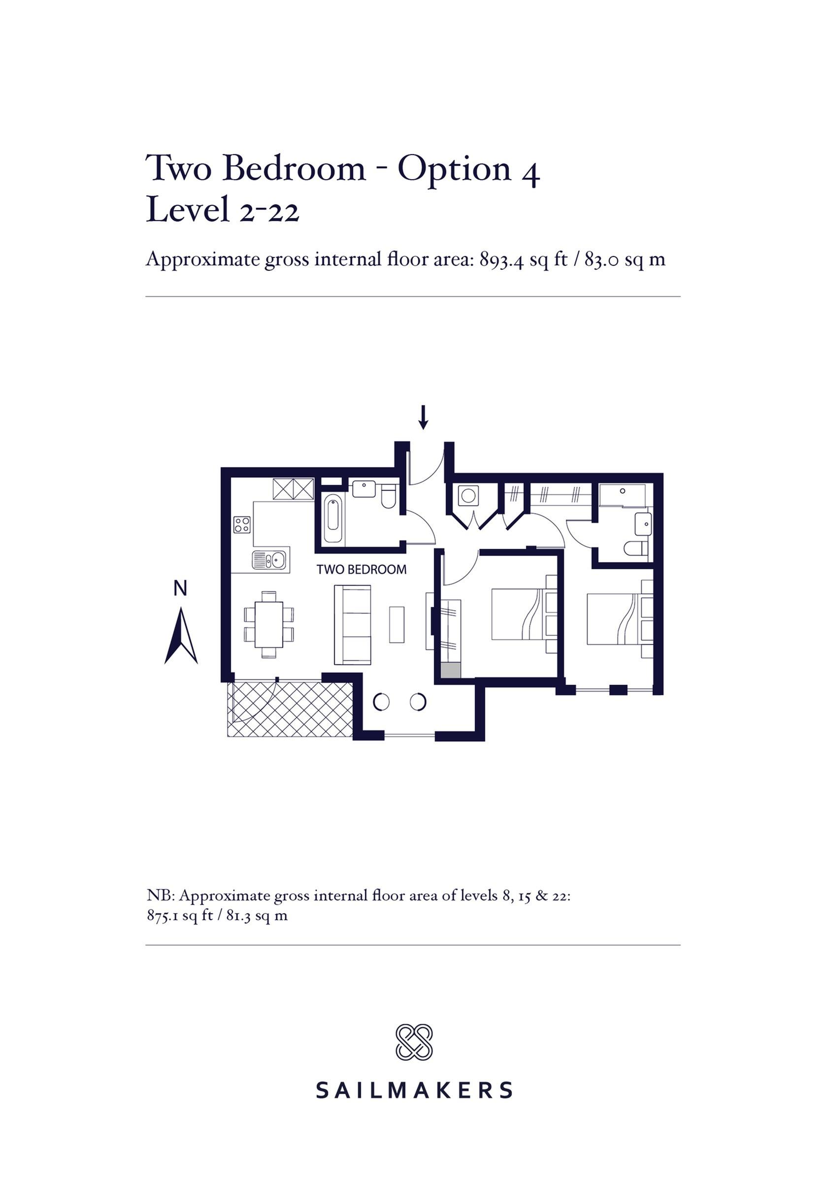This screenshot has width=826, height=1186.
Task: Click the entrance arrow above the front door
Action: (x=423, y=417)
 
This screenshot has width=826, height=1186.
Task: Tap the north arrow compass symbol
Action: (x=181, y=636)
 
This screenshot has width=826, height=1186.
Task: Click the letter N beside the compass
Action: (x=180, y=588)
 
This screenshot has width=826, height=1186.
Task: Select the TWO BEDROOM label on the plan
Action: (x=362, y=569)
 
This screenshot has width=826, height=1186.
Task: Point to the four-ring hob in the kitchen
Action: (x=242, y=525)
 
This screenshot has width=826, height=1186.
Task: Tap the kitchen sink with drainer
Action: (x=271, y=559)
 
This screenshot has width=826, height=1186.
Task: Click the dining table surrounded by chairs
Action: (x=269, y=624)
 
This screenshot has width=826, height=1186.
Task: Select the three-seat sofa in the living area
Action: (x=353, y=625)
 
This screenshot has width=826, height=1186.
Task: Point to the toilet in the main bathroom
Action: (x=388, y=496)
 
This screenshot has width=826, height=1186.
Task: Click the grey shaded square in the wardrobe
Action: (x=451, y=670)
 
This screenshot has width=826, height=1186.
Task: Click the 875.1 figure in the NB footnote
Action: (x=165, y=916)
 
